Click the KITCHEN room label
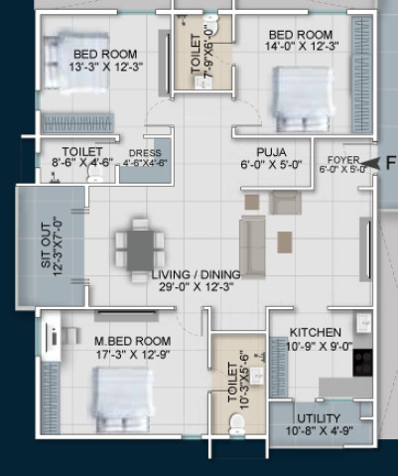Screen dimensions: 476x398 click(315, 332)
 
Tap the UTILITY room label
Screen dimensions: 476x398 click(319, 418)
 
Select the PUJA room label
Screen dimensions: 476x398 click(270, 152)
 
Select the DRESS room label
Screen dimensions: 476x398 click(145, 154)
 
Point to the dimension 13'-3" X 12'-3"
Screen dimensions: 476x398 click(106, 67)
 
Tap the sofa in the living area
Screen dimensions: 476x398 click(253, 245)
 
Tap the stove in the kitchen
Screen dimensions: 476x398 click(362, 361)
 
